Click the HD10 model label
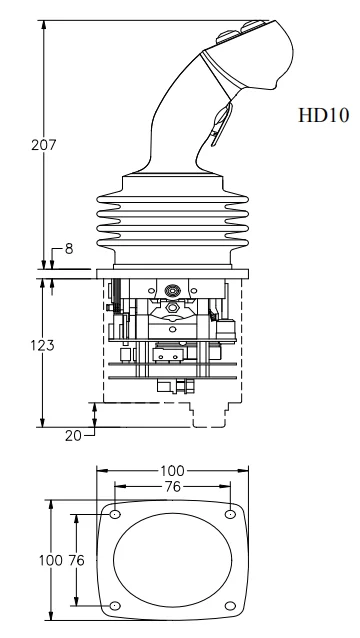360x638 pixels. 323,115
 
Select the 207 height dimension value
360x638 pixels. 44,145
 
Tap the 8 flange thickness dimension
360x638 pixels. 69,249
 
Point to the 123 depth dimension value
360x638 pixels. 42,345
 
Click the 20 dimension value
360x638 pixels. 73,436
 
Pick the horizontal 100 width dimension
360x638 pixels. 172,471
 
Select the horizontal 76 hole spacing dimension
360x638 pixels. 172,486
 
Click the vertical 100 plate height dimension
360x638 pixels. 51,560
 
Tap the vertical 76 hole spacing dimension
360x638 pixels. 76,560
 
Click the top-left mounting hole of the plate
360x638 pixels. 115,514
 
